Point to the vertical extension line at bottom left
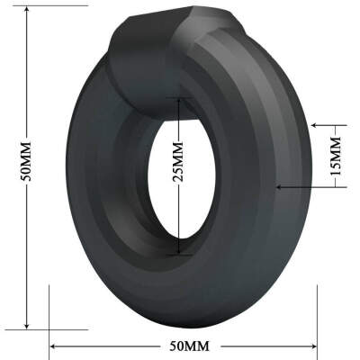click(50, 315)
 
